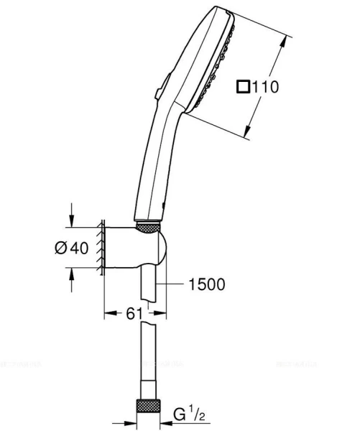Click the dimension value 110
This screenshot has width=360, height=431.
click(x=266, y=87)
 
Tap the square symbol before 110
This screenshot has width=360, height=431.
click(x=244, y=87)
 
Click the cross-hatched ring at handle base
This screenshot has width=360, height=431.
click(x=147, y=227)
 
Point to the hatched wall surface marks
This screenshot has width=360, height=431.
click(x=102, y=249)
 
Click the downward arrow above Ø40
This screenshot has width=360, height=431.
click(x=71, y=220)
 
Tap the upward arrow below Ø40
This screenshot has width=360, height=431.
click(x=71, y=275)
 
